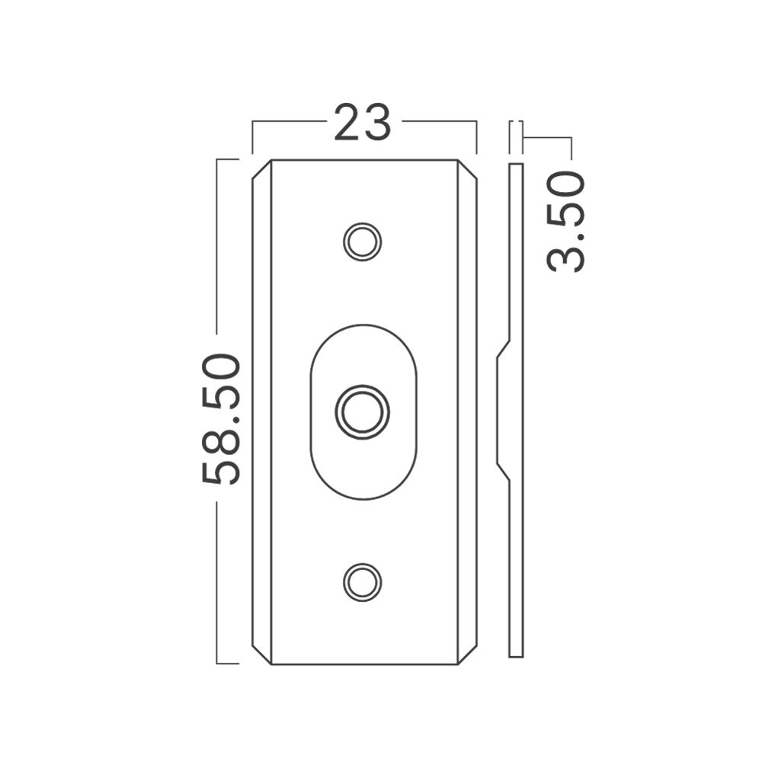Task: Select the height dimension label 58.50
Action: pyautogui.click(x=222, y=418)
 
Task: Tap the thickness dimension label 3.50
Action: pyautogui.click(x=566, y=222)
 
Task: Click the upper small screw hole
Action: pyautogui.click(x=362, y=242)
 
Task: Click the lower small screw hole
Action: pyautogui.click(x=362, y=582)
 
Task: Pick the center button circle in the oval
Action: pyautogui.click(x=362, y=412)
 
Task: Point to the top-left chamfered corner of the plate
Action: pyautogui.click(x=261, y=170)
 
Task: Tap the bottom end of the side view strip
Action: pyautogui.click(x=516, y=654)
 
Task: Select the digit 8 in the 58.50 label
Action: pyautogui.click(x=222, y=444)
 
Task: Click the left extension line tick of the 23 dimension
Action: pyautogui.click(x=252, y=137)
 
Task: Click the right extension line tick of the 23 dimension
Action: pyautogui.click(x=476, y=137)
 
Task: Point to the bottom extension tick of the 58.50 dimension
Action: pyautogui.click(x=227, y=663)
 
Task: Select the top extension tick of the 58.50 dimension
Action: pyautogui.click(x=227, y=158)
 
